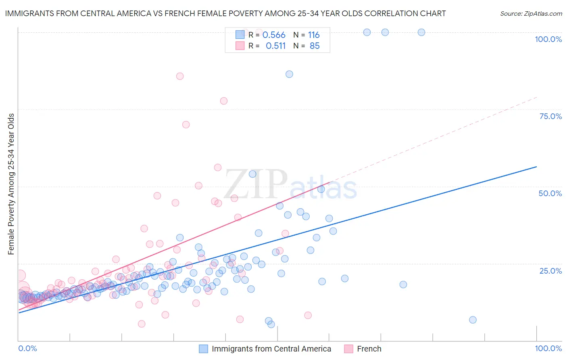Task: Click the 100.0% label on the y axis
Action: (548, 39)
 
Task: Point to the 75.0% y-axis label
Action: (550, 116)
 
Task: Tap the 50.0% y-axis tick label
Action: (550, 193)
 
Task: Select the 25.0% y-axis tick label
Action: (550, 271)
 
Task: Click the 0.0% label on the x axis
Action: (27, 348)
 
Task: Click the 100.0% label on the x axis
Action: (548, 348)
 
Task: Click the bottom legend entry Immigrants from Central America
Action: (271, 349)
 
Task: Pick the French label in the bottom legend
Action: (369, 349)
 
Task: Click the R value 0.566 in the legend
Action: (274, 35)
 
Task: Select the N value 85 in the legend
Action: (315, 46)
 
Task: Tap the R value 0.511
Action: (275, 46)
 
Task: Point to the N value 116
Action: (314, 35)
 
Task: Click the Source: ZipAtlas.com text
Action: (531, 13)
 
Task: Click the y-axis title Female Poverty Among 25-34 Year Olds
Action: (11, 184)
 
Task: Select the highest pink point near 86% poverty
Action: (180, 76)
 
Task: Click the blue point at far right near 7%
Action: (473, 320)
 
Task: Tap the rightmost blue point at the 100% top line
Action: (421, 32)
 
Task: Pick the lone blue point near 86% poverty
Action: (289, 74)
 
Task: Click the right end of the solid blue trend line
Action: (536, 167)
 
